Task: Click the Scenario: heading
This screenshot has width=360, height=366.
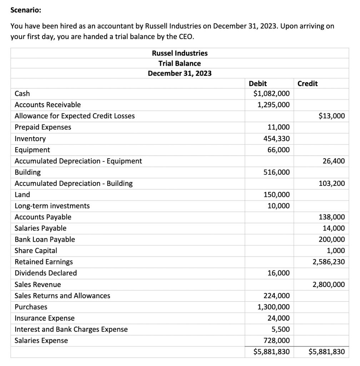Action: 26,10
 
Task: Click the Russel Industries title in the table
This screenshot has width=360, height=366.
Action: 180,53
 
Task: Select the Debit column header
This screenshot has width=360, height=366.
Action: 257,84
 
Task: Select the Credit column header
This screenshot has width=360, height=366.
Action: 307,84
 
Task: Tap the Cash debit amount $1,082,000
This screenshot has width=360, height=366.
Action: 271,94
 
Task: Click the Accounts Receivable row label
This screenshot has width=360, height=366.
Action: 47,105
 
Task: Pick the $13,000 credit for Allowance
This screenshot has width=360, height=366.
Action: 331,116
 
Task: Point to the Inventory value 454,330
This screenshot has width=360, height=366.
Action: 279,138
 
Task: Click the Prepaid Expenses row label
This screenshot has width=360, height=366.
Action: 43,127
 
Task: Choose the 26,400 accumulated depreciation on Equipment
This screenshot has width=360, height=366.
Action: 334,161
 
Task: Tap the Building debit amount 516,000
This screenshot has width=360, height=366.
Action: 277,172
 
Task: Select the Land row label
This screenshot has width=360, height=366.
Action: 22,195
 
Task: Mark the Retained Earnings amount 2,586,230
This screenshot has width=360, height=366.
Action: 329,262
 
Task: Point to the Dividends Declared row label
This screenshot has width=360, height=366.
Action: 46,273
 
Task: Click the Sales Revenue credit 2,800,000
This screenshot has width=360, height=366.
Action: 329,285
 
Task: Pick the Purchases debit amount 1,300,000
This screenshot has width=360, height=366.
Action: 274,307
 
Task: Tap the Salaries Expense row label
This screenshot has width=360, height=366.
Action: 41,341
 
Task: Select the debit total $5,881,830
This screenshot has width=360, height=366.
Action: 271,352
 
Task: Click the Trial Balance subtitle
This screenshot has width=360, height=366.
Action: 180,63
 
